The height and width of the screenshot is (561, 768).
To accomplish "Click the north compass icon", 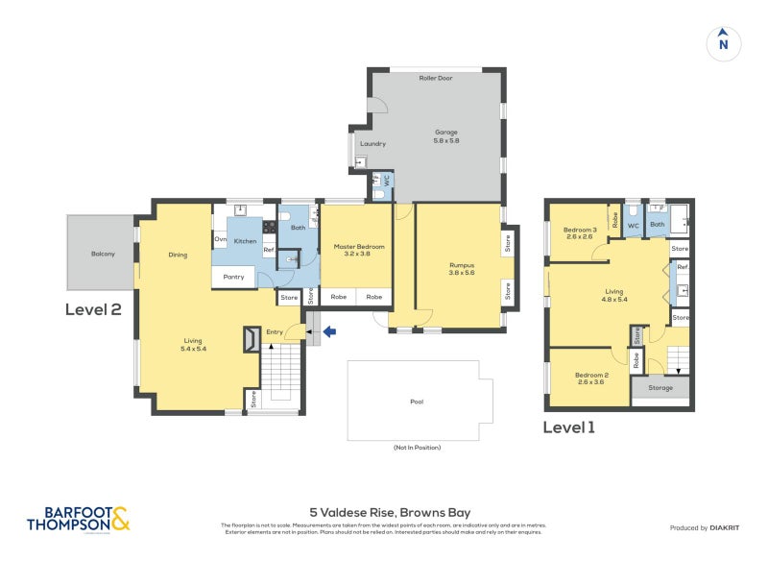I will point(724,43).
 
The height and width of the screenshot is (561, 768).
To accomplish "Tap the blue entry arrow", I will point(329,332).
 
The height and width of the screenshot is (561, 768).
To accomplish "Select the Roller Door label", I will point(435,78).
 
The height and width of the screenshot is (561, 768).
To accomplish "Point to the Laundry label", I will point(372,144).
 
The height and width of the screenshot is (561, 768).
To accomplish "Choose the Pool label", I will point(416,402).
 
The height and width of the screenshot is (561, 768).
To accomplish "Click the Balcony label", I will point(103,254).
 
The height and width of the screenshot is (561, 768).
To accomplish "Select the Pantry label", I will point(234,277).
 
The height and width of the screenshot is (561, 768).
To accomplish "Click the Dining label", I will point(177,255).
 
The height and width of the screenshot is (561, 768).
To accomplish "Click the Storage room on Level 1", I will point(661,389).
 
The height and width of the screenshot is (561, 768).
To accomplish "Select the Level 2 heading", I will point(93,309).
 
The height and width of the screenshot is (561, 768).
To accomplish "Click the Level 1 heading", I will point(569,427).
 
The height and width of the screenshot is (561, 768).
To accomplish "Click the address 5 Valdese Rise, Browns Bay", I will point(389,512).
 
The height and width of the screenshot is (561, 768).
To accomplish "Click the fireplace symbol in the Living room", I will point(250,338).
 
